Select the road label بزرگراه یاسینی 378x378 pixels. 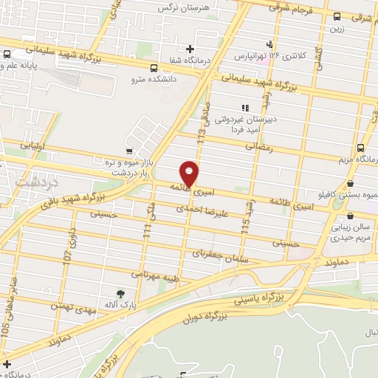[x=258, y=300]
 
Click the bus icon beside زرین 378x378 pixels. [x=337, y=16]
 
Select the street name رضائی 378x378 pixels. [x=258, y=148]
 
